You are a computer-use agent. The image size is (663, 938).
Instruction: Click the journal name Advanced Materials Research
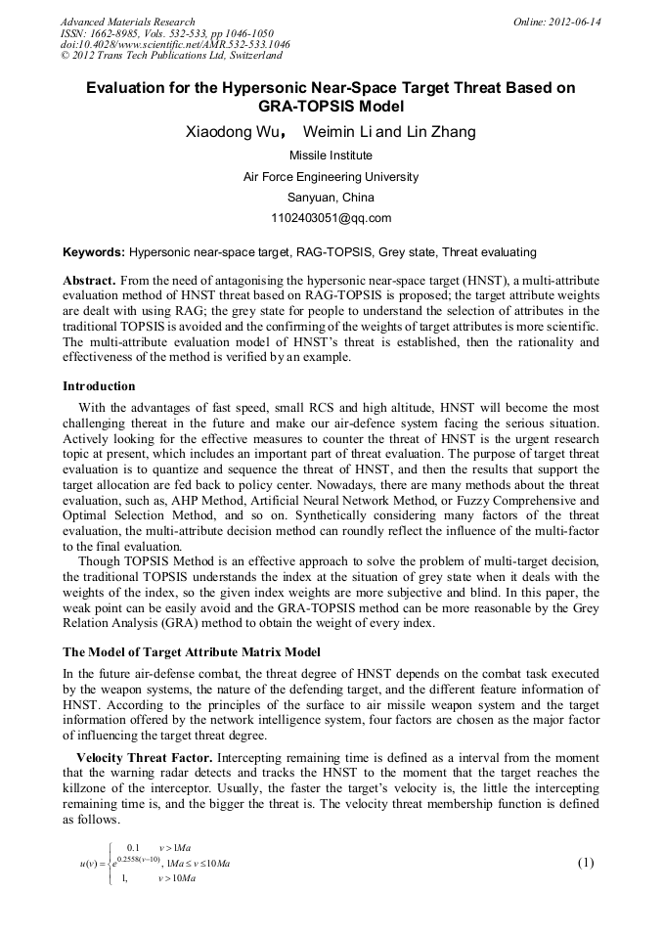tap(127, 21)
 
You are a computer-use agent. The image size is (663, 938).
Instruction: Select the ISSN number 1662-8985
tap(115, 32)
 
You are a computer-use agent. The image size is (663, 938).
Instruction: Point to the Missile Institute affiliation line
tap(331, 156)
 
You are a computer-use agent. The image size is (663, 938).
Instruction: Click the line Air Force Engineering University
tap(331, 177)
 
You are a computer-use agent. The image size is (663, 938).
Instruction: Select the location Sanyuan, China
tap(331, 198)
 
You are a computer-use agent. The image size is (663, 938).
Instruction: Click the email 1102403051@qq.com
tap(331, 218)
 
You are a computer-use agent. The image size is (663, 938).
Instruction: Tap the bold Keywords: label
tap(94, 251)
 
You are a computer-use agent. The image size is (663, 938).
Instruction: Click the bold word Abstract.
tap(90, 280)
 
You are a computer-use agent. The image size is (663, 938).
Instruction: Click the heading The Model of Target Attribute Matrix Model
tap(191, 651)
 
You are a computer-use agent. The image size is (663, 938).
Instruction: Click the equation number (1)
tap(587, 862)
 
